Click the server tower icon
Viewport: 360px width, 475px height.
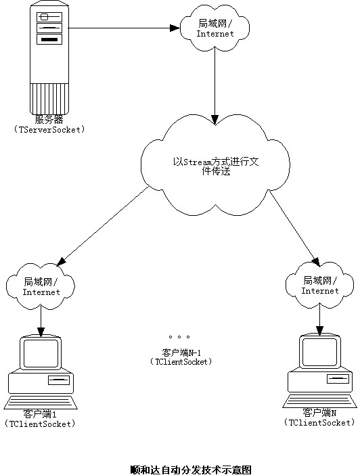click(x=49, y=58)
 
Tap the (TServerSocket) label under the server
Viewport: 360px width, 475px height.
click(x=49, y=130)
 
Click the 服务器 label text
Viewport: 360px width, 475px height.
click(x=49, y=120)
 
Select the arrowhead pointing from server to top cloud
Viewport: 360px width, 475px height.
click(x=175, y=28)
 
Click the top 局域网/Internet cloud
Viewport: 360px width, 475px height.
click(x=215, y=28)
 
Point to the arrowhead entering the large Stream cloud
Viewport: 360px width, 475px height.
click(x=215, y=120)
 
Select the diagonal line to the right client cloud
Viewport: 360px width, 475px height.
click(x=294, y=228)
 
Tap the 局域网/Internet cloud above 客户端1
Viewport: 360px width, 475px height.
click(x=41, y=287)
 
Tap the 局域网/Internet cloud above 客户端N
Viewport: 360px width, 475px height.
click(x=319, y=285)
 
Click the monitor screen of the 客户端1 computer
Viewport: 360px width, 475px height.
click(x=41, y=353)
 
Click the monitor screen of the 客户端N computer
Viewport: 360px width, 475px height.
click(x=320, y=352)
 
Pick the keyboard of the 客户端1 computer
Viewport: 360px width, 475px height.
click(x=41, y=403)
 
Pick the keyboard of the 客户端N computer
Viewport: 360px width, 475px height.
click(x=319, y=401)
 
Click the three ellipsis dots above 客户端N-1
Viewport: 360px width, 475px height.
click(x=179, y=337)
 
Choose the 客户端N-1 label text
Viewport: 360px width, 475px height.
click(x=181, y=353)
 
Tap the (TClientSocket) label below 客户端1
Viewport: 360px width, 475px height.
click(x=40, y=424)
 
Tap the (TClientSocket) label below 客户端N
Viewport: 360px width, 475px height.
click(x=319, y=423)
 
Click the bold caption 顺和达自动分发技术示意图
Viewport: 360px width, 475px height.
click(x=191, y=470)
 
